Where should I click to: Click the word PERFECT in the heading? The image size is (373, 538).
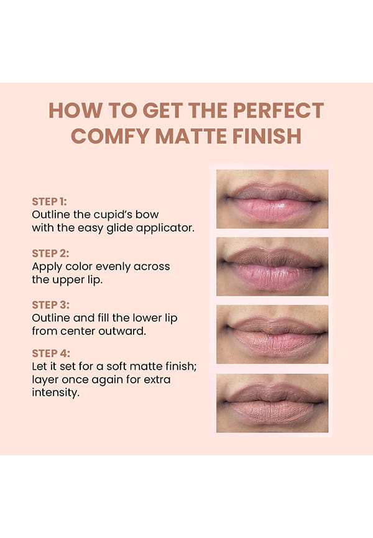(x=279, y=110)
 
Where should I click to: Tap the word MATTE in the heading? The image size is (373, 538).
(x=191, y=136)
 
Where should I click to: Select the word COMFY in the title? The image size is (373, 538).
(x=111, y=136)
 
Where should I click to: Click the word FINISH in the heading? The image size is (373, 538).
(x=267, y=136)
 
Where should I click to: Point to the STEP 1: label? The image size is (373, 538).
(x=50, y=201)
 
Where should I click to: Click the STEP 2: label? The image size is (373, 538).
(x=50, y=253)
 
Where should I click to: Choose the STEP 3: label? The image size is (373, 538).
(x=50, y=304)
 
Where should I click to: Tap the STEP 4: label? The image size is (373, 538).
(x=51, y=353)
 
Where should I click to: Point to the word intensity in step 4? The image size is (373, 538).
(x=55, y=393)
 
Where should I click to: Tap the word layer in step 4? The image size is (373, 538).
(x=45, y=380)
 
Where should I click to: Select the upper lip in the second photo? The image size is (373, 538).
(x=273, y=257)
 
